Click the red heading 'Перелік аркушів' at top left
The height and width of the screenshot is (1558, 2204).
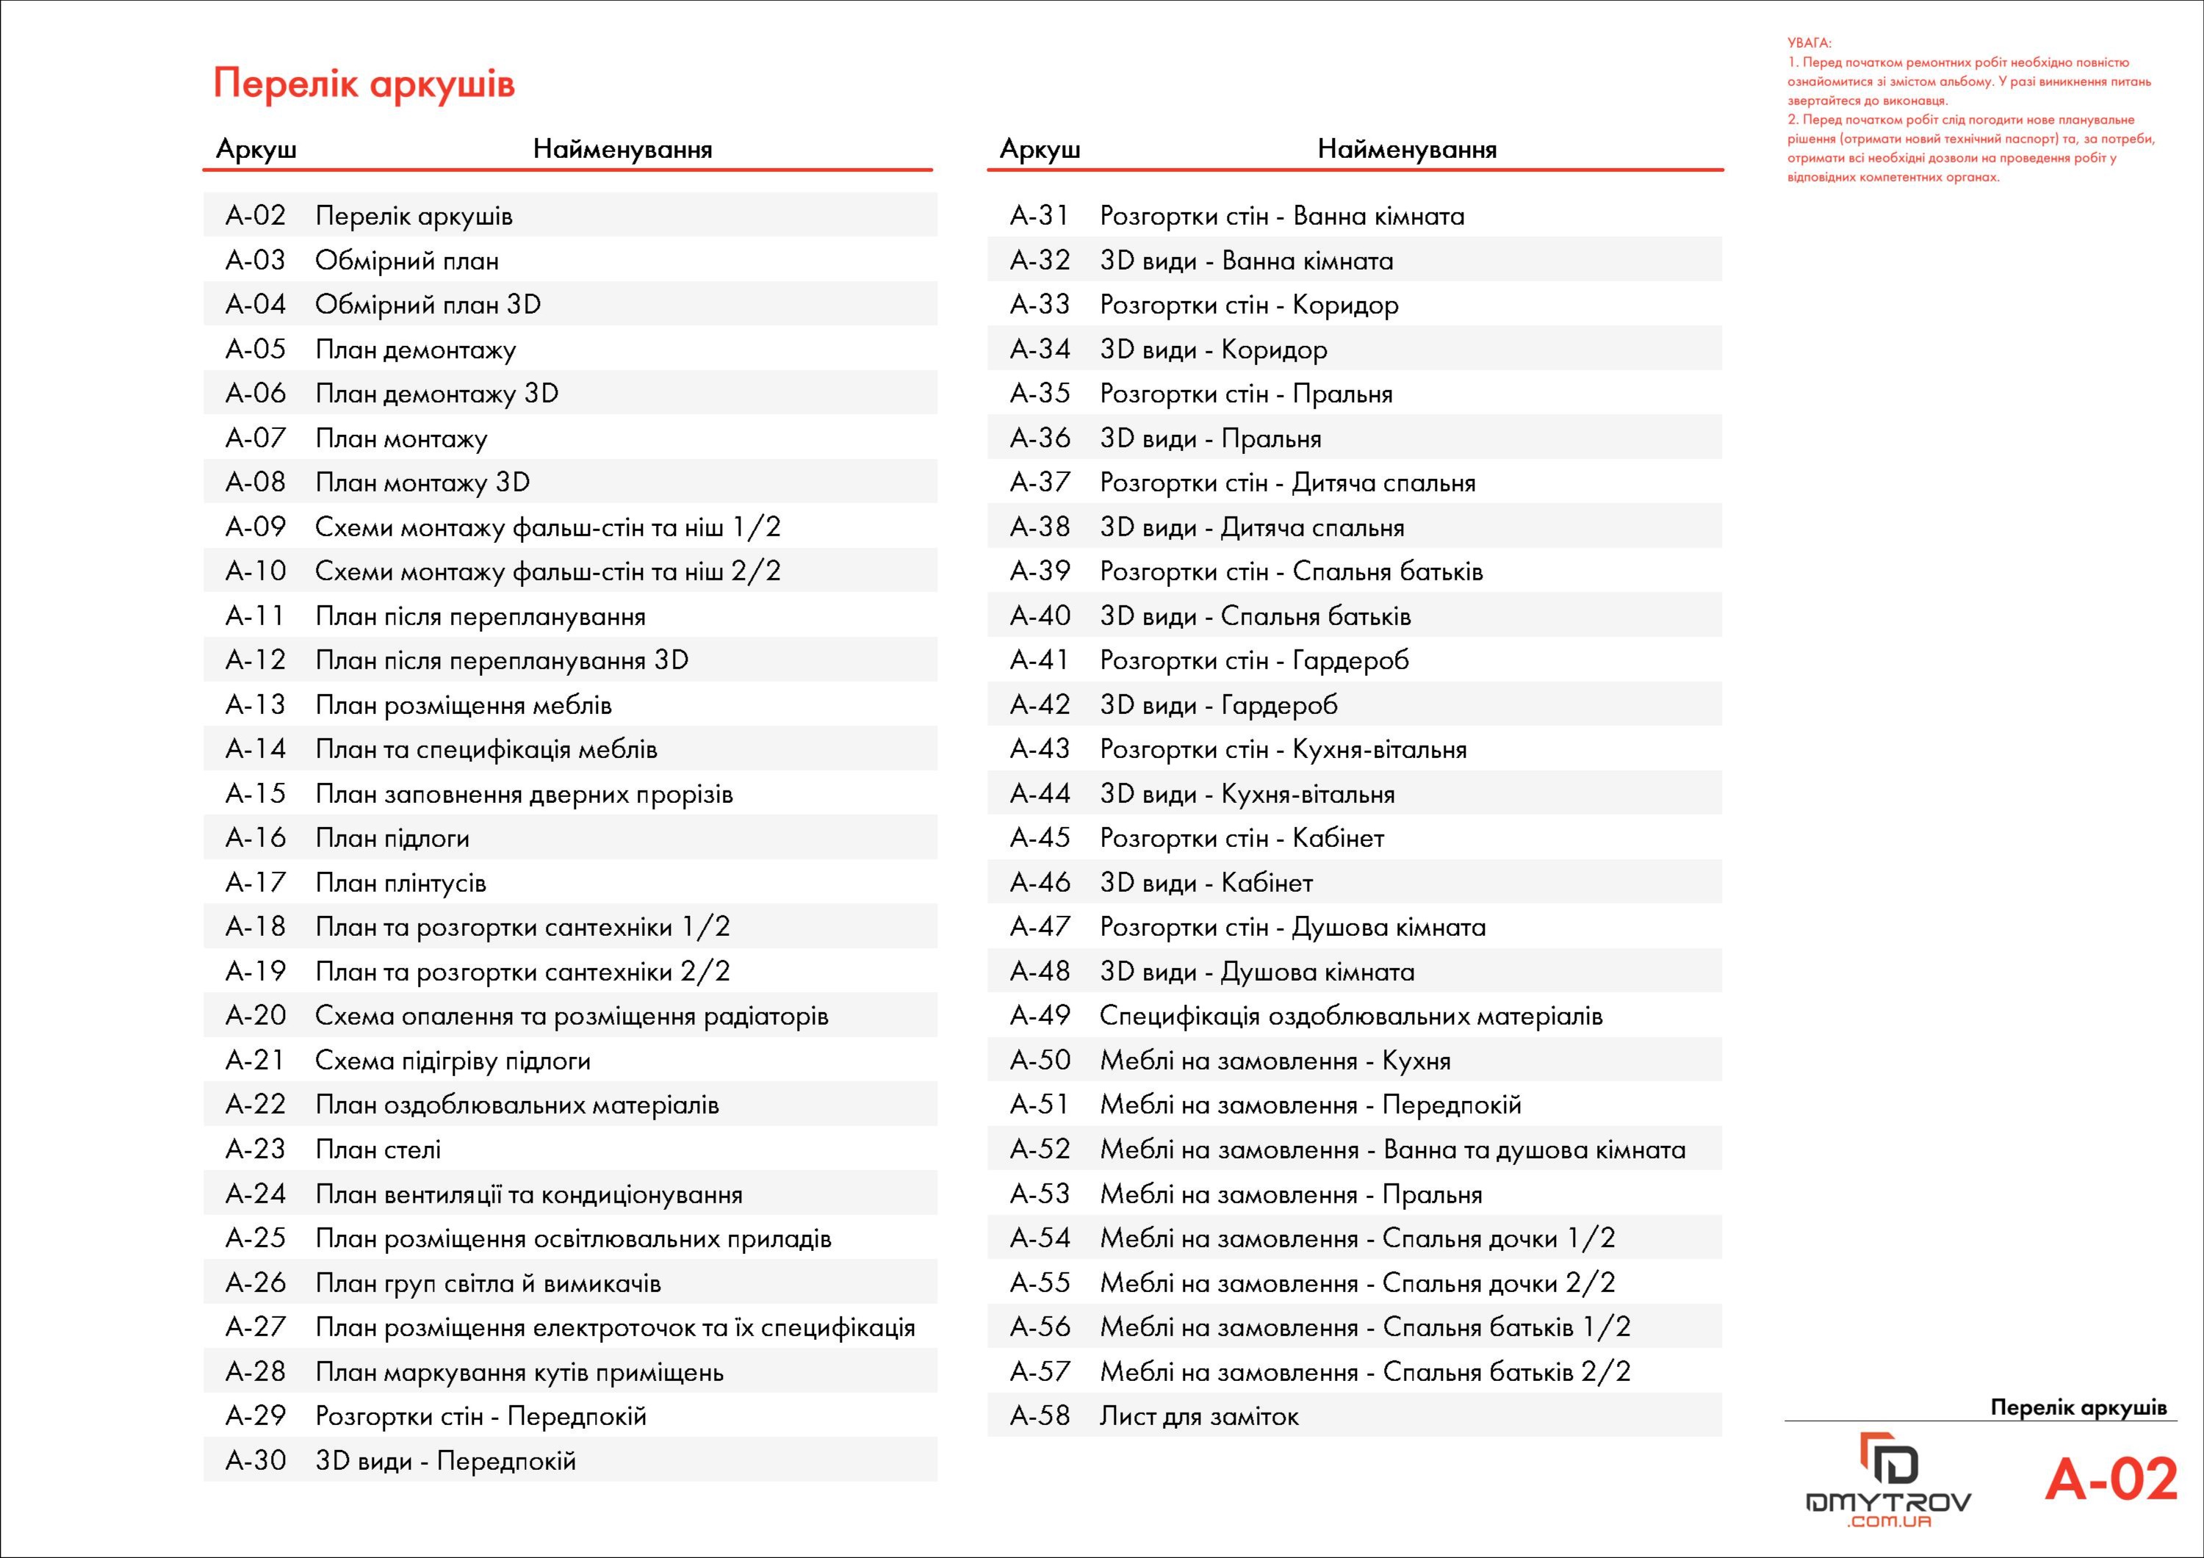click(x=364, y=84)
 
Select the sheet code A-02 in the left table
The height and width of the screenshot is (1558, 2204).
click(x=256, y=215)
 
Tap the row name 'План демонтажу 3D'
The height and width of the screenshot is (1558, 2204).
click(x=437, y=394)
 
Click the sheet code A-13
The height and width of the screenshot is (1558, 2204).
click(x=256, y=704)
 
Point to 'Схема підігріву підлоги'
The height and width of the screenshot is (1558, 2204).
click(x=452, y=1061)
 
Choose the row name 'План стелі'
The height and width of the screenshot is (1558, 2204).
click(x=378, y=1149)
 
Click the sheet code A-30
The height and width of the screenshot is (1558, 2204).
click(x=256, y=1460)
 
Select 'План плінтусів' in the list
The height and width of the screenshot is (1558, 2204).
click(x=400, y=883)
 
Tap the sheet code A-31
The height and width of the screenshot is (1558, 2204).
click(x=1040, y=215)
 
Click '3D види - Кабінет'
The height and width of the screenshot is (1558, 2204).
click(x=1206, y=883)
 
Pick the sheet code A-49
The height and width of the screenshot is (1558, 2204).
click(x=1040, y=1016)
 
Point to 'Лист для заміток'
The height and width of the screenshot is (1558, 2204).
click(x=1199, y=1416)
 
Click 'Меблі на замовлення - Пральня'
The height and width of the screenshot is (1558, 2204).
click(x=1290, y=1194)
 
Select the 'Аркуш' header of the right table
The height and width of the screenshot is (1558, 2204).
click(x=1040, y=149)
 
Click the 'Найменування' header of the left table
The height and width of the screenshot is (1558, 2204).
click(x=622, y=149)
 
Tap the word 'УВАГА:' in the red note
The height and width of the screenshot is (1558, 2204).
click(x=1809, y=43)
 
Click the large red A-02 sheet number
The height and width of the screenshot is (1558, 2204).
click(x=2110, y=1479)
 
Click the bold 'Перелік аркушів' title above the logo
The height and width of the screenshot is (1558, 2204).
click(x=2078, y=1407)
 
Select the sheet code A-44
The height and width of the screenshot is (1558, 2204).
click(x=1040, y=794)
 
